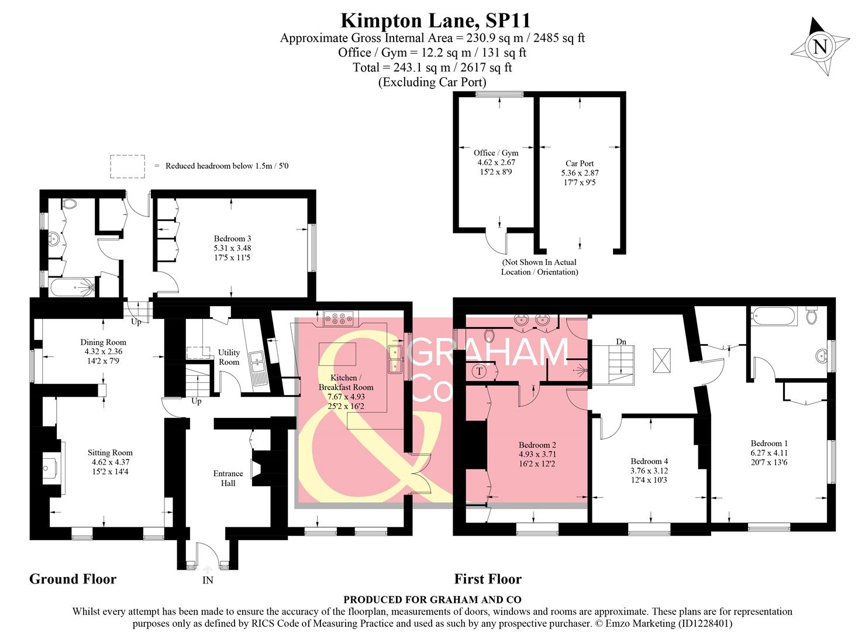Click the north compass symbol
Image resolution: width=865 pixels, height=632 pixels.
coord(820,46)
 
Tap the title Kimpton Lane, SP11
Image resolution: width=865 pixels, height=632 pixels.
coord(435,20)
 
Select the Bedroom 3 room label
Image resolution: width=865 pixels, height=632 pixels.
coord(232,248)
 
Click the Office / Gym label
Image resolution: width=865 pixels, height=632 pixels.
coord(496,162)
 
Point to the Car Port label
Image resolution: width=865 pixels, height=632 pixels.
coord(580,173)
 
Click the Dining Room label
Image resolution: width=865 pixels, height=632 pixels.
coord(103,351)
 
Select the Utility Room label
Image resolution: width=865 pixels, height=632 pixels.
coord(229,357)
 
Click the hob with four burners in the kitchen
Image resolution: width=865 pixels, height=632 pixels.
coord(337,319)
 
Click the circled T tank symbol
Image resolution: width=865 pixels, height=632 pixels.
coord(480,371)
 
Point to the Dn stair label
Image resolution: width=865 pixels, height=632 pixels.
coord(621,342)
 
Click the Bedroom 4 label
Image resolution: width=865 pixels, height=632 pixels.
coord(649,470)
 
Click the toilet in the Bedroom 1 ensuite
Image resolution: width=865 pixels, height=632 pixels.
coord(811,316)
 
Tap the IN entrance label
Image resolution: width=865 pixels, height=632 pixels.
coord(208,581)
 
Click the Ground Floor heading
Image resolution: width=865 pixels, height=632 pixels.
coord(73,579)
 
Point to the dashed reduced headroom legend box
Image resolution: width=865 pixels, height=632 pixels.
coord(127,166)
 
